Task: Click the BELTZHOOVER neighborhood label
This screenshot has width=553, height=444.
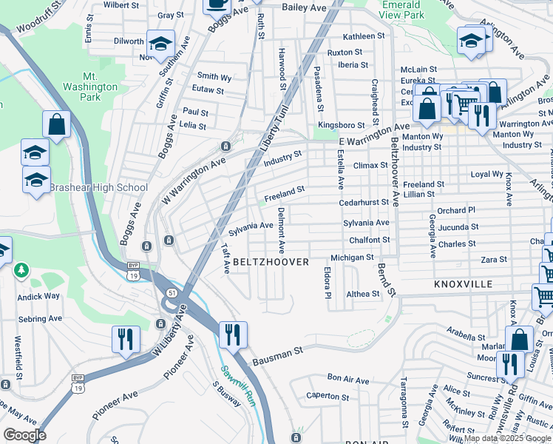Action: [271, 263]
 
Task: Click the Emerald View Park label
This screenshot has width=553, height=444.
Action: [403, 10]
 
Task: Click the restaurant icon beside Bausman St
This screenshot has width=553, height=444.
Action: [233, 334]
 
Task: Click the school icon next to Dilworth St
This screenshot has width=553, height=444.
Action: [160, 44]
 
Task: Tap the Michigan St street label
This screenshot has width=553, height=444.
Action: [352, 258]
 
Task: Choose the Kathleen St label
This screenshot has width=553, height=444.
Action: [364, 36]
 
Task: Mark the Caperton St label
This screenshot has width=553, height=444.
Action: [327, 396]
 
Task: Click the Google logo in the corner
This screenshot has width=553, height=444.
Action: [24, 435]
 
